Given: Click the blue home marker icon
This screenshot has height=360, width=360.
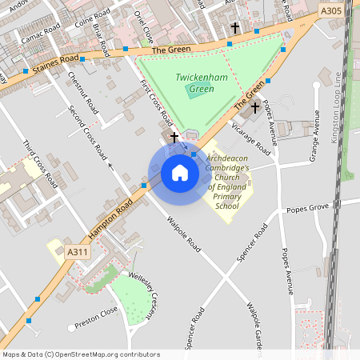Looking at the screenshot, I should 179,173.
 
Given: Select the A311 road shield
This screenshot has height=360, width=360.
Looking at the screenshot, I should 78,252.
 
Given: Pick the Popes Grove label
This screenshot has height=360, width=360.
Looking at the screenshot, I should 308,208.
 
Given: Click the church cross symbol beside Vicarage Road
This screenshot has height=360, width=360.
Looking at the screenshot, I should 255,107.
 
